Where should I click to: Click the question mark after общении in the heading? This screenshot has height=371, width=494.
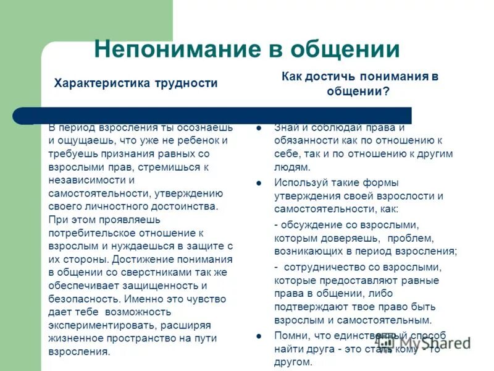point(387,92)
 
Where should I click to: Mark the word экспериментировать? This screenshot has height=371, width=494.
point(101,326)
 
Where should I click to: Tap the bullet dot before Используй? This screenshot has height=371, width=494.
point(260,183)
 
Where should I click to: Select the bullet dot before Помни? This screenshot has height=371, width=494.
point(260,336)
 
